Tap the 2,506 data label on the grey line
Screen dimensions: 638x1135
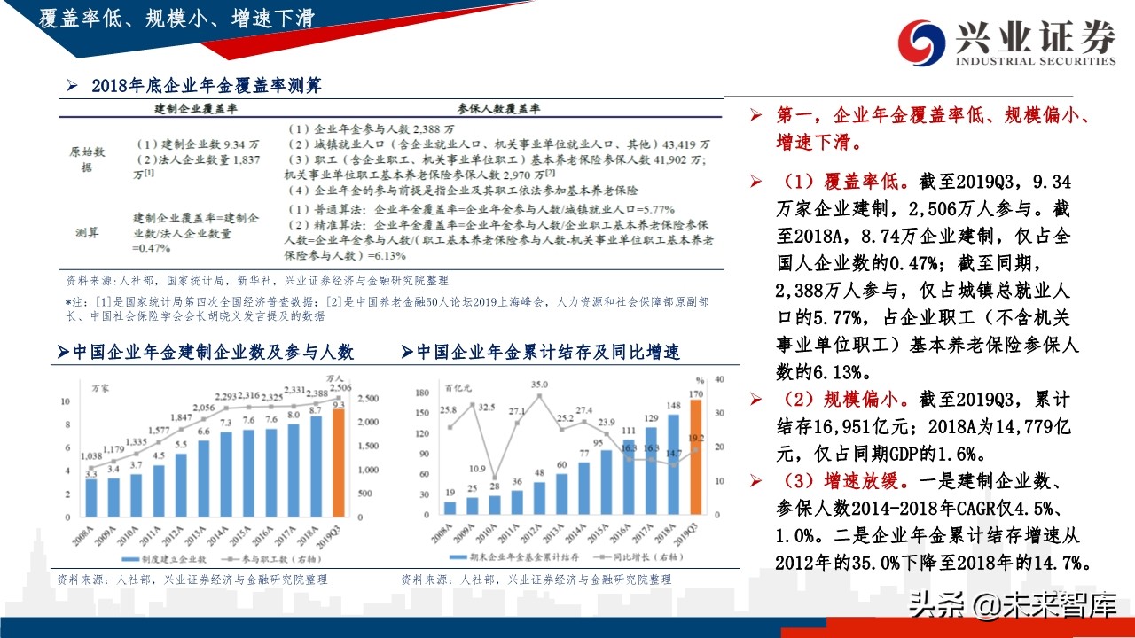tap(340, 387)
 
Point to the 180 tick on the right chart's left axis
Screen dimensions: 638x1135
tap(423, 390)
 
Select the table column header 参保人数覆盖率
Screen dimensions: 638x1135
tap(498, 108)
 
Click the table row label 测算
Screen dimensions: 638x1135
tap(87, 232)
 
